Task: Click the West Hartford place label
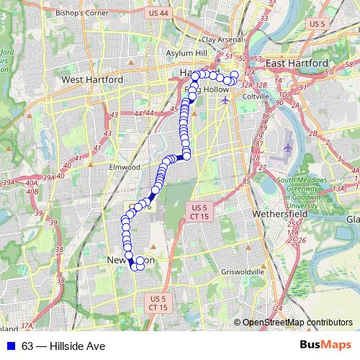point(92,79)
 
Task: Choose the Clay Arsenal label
point(219,40)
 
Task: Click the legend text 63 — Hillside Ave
point(63,346)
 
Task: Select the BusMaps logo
point(325,346)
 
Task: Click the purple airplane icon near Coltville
point(225,99)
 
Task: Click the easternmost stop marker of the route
point(234,75)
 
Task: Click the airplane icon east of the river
point(288,147)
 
